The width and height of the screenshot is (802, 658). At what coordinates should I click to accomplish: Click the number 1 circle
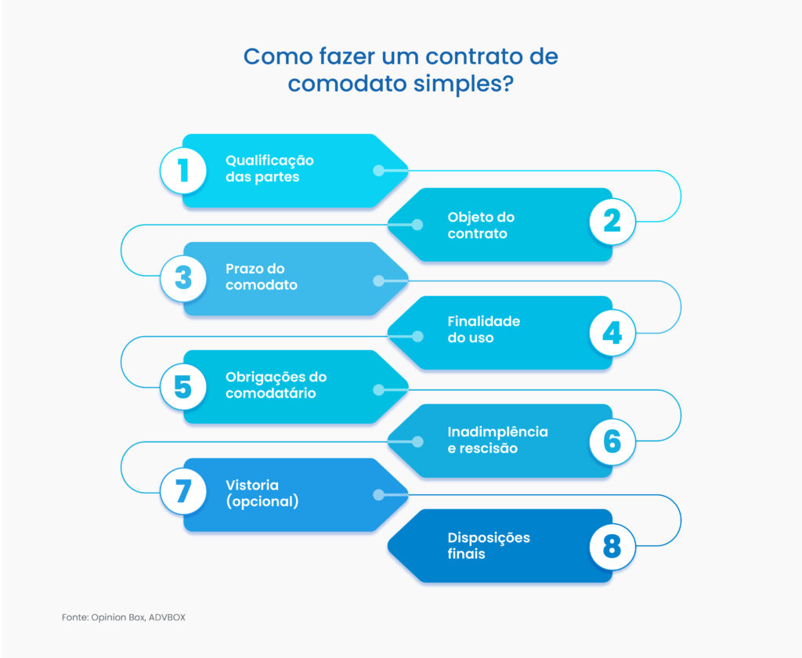click(x=183, y=170)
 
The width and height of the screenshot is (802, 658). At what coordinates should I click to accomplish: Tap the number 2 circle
click(x=612, y=222)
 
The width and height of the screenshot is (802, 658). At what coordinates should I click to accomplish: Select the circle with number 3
click(x=183, y=278)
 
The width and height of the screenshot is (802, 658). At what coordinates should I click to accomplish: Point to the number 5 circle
click(x=183, y=386)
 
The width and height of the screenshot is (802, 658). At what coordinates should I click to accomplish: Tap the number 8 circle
click(x=612, y=545)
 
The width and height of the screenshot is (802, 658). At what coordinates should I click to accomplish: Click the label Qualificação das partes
click(x=269, y=168)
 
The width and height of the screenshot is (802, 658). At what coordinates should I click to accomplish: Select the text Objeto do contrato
click(x=481, y=226)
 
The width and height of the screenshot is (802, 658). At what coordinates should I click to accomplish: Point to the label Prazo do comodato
click(x=262, y=277)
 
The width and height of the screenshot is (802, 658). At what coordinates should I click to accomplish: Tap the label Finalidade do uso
click(x=483, y=330)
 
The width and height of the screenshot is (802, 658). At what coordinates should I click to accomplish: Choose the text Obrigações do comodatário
click(x=276, y=385)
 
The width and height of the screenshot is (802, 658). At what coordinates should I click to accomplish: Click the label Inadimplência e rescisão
click(x=497, y=440)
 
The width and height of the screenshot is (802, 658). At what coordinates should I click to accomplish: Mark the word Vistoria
click(x=252, y=485)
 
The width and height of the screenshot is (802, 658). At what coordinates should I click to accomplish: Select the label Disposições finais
click(x=489, y=546)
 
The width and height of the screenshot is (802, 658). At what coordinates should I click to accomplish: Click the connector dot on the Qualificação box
click(x=378, y=170)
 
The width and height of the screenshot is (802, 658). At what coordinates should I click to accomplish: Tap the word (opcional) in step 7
click(x=262, y=501)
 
